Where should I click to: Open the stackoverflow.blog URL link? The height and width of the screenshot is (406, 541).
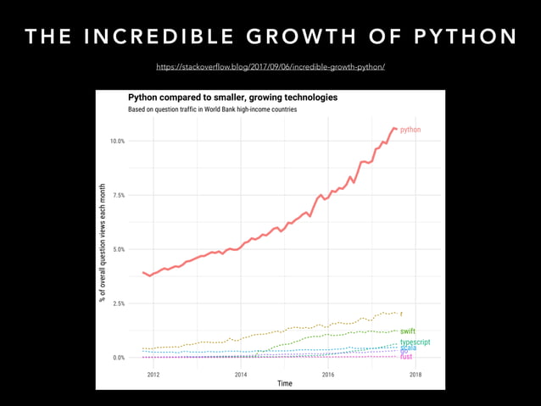tap(270, 65)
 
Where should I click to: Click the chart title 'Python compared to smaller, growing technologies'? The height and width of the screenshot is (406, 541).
tap(232, 97)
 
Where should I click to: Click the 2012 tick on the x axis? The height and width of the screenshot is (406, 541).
tap(153, 374)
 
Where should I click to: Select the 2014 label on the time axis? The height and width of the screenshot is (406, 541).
tap(241, 374)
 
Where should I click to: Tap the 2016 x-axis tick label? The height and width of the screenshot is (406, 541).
tap(327, 374)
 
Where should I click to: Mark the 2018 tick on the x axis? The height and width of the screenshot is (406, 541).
tap(415, 374)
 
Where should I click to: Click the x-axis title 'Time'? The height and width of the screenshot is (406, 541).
tap(285, 384)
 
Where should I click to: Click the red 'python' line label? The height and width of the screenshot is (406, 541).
tap(410, 130)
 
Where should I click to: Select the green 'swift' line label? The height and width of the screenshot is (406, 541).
tap(408, 331)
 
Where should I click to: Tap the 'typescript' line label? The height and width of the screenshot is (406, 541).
tap(415, 342)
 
